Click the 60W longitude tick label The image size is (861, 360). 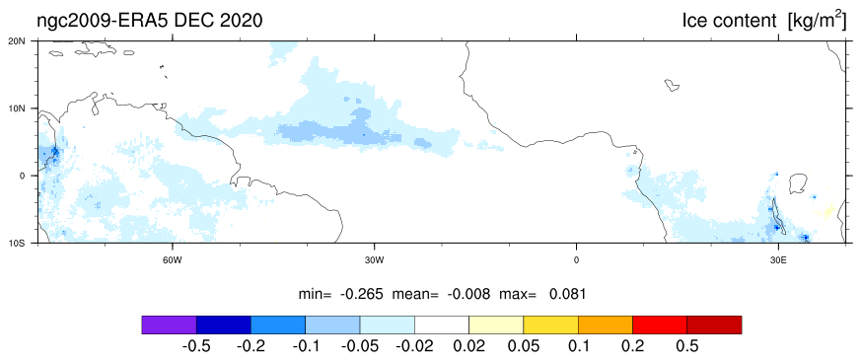(173, 260)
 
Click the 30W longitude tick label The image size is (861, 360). (374, 260)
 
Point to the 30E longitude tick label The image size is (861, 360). (777, 260)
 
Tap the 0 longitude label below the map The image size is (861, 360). (576, 260)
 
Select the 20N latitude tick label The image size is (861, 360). (26, 41)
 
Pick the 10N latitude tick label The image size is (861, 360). (26, 108)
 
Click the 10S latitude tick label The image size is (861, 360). (26, 243)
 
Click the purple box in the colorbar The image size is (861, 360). (169, 324)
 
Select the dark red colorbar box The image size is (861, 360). (714, 324)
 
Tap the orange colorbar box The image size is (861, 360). (606, 324)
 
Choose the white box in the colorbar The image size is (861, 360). (442, 324)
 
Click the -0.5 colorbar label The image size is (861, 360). (195, 346)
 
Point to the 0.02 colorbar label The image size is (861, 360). (468, 346)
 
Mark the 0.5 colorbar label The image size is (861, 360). (687, 346)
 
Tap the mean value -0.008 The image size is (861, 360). (468, 294)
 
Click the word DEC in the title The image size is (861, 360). (195, 21)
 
